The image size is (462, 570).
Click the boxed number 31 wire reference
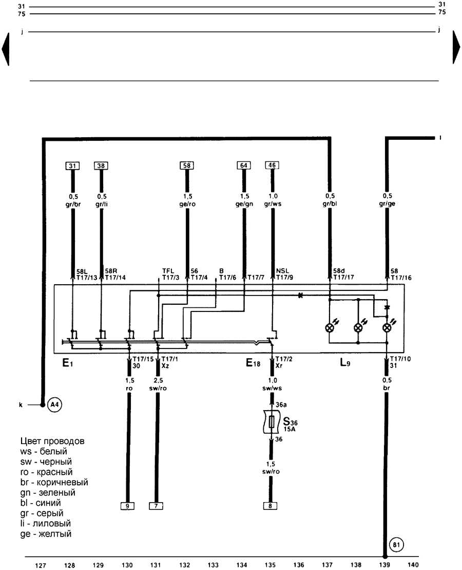[x=72, y=166]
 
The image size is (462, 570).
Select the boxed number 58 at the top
[x=187, y=166]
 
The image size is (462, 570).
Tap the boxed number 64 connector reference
[x=244, y=166]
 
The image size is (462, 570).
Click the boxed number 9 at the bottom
[x=127, y=506]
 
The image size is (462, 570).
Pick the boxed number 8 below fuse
[x=270, y=506]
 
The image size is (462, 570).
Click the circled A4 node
[x=54, y=404]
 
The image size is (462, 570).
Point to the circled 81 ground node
[x=396, y=545]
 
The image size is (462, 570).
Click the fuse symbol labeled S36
[x=272, y=422]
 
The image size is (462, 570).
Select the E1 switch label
[x=68, y=362]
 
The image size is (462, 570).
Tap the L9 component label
[x=345, y=362]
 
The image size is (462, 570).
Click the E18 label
[x=253, y=362]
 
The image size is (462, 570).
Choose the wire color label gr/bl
[x=330, y=204]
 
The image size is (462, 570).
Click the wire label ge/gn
[x=244, y=204]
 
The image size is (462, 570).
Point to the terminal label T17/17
[x=343, y=278]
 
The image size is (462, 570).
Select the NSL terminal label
[x=282, y=271]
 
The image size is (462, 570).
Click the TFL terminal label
[x=168, y=271]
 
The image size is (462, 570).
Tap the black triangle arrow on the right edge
[x=456, y=47]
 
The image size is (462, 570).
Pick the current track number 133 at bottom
[x=213, y=565]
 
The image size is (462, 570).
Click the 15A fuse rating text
[x=290, y=429]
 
